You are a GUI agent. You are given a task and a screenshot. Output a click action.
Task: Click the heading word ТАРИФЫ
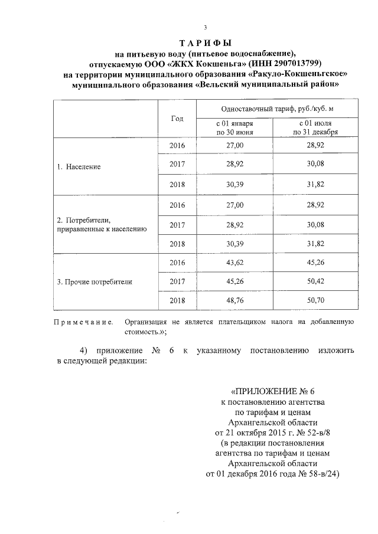[205, 44]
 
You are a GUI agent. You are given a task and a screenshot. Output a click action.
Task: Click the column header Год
[177, 119]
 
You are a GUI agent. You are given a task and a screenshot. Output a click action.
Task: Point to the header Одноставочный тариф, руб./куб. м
[272, 110]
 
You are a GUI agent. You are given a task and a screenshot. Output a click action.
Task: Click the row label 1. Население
[79, 166]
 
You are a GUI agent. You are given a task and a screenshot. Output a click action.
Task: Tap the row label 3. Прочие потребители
[94, 282]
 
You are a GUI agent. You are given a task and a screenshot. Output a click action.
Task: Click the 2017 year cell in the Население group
[177, 163]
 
